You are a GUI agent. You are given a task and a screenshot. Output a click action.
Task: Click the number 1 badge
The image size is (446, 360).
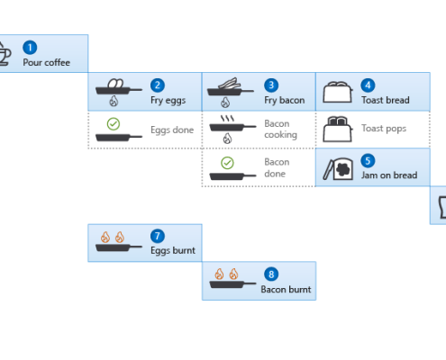[x=30, y=48]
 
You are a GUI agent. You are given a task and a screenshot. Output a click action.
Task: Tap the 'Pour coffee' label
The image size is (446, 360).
[x=47, y=62]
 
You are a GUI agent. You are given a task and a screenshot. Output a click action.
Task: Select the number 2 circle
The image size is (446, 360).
[x=158, y=85]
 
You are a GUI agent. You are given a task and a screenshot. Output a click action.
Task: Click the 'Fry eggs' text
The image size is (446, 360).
[x=168, y=100]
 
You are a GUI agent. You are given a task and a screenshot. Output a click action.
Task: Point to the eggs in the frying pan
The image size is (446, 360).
[x=115, y=84]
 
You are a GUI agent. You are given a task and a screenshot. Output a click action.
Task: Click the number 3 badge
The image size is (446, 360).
[x=271, y=85]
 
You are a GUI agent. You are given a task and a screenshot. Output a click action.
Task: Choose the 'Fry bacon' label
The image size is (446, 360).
[x=285, y=100]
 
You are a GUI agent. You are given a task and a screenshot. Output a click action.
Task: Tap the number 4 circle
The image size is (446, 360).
[x=368, y=85]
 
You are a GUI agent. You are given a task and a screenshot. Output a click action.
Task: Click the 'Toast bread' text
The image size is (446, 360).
[x=386, y=100]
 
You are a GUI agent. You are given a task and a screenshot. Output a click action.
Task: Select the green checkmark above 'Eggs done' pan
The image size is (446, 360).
[x=114, y=124]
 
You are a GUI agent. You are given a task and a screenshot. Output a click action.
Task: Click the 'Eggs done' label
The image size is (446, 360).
[x=172, y=130]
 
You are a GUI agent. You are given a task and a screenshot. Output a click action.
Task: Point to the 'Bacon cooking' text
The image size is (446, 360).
[x=280, y=129]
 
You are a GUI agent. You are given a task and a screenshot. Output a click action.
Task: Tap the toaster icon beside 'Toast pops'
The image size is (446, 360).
[x=338, y=129]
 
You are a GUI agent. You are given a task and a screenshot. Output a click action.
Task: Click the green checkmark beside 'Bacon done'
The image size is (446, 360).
[x=227, y=163]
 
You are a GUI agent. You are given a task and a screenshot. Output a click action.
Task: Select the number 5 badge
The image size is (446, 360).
[x=368, y=161]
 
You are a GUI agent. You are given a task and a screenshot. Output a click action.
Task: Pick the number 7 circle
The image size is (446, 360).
[x=158, y=236]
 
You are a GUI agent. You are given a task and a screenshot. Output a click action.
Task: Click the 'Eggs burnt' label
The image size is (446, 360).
[x=173, y=250]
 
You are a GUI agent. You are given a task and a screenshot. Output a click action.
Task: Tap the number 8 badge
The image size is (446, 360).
[x=271, y=274]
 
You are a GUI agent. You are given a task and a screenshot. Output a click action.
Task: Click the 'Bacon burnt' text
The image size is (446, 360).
[x=286, y=289]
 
